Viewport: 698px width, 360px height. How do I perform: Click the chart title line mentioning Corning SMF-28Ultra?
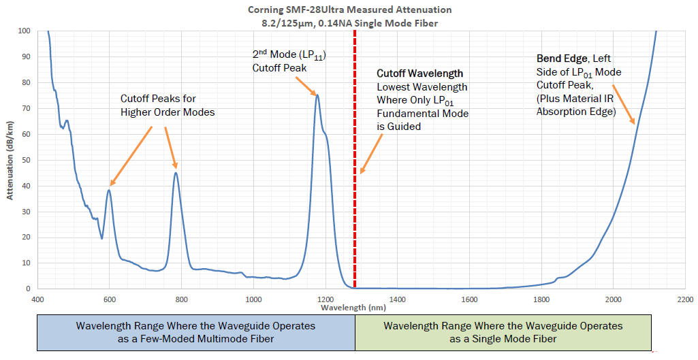pyautogui.click(x=349, y=10)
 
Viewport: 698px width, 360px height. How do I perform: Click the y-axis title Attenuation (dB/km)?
pyautogui.click(x=10, y=160)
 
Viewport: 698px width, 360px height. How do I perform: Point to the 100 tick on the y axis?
pyautogui.click(x=25, y=31)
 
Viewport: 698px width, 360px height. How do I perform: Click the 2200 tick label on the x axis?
pyautogui.click(x=684, y=299)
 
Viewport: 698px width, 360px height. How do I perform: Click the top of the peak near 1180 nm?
pyautogui.click(x=317, y=95)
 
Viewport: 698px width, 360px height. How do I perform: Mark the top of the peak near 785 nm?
pyautogui.click(x=176, y=172)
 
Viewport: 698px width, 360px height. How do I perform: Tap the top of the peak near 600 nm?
pyautogui.click(x=109, y=190)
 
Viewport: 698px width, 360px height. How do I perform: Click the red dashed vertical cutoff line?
pyautogui.click(x=355, y=204)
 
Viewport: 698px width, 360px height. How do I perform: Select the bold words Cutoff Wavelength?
pyautogui.click(x=420, y=73)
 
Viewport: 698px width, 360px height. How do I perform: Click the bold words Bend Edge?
pyautogui.click(x=560, y=59)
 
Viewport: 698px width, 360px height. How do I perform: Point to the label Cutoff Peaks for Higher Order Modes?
pyautogui.click(x=168, y=106)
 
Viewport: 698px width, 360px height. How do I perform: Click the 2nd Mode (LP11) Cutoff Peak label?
pyautogui.click(x=289, y=61)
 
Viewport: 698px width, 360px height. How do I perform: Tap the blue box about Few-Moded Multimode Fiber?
pyautogui.click(x=195, y=332)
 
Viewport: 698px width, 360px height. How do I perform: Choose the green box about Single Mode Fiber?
pyautogui.click(x=503, y=332)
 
